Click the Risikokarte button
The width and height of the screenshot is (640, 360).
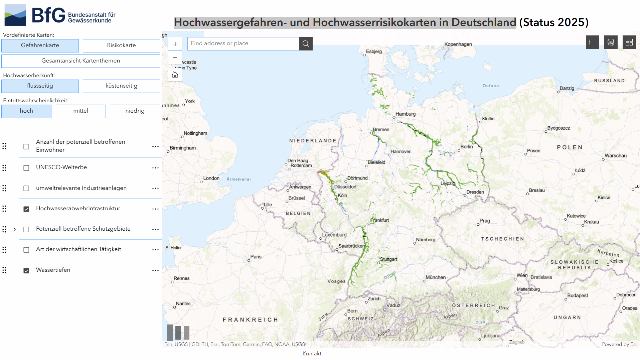121,45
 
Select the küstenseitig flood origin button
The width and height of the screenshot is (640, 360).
121,86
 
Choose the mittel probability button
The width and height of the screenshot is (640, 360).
81,111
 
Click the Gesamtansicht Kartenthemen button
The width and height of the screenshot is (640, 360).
81,61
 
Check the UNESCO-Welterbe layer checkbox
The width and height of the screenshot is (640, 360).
26,168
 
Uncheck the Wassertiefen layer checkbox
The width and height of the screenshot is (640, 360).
26,270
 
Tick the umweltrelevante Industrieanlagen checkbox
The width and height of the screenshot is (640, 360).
26,189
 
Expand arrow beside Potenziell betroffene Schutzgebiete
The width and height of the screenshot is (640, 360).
15,229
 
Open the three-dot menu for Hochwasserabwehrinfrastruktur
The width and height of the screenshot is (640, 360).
155,209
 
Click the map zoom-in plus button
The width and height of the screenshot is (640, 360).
175,44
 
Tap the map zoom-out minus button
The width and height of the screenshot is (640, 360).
175,58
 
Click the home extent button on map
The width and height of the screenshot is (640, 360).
175,75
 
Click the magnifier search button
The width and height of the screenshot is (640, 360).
306,44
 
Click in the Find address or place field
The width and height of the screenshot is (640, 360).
243,43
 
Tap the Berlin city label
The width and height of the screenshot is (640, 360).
466,147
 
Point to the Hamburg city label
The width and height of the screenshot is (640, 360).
405,114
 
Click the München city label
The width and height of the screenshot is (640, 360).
435,277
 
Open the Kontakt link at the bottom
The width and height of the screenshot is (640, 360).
312,353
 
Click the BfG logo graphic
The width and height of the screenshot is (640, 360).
15,15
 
